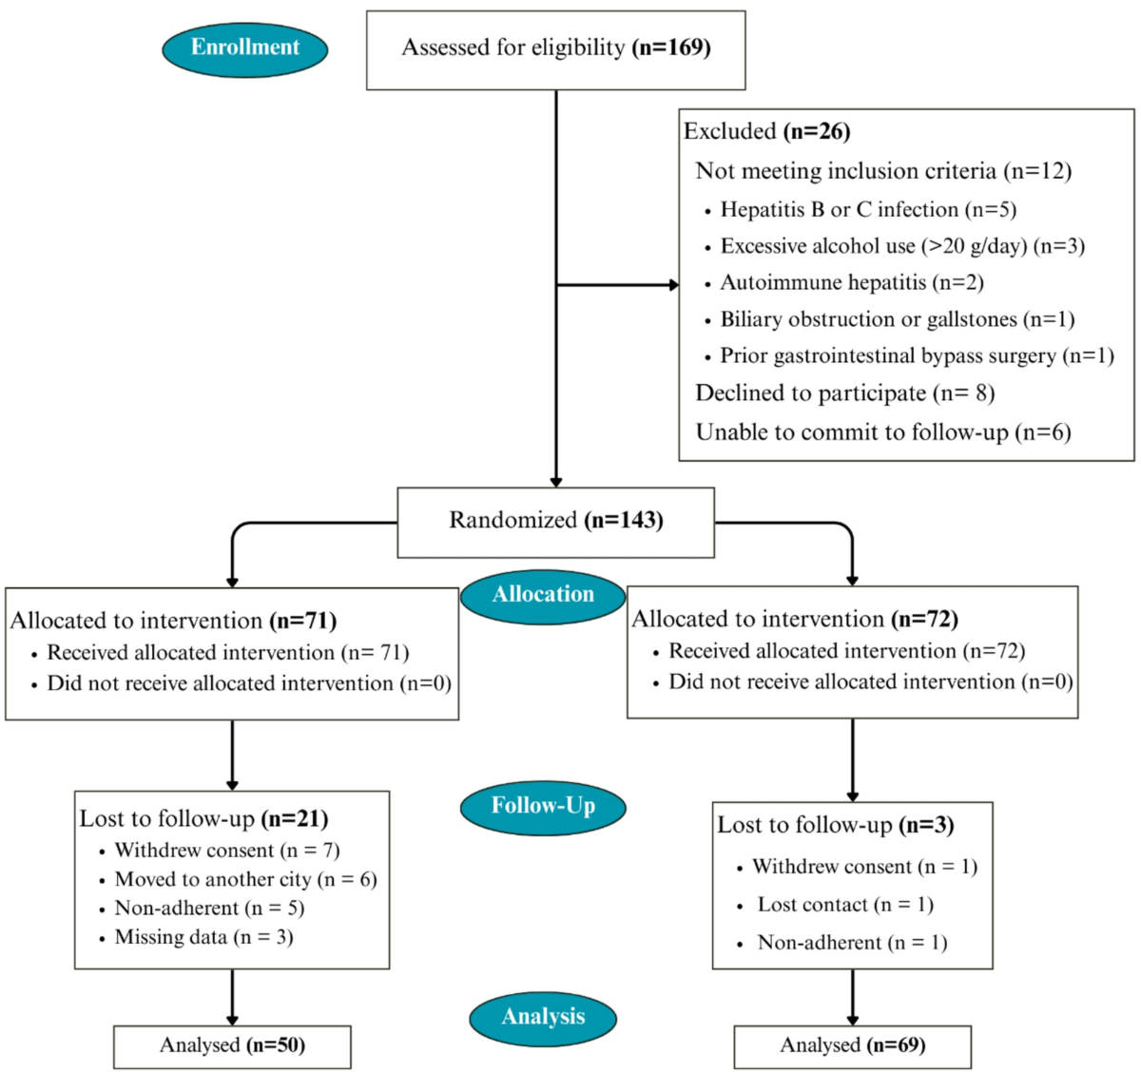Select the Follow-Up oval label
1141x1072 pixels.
[543, 808]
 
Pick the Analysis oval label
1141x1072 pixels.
[543, 1019]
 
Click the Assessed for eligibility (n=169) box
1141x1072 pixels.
[556, 50]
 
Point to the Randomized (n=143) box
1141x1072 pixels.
[556, 523]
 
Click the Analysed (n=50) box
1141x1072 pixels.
[232, 1047]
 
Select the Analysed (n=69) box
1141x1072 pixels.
[853, 1047]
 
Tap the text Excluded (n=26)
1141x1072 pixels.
[767, 131]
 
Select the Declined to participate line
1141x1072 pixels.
[845, 393]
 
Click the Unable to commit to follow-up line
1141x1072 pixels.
[883, 432]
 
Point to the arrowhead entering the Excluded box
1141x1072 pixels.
[674, 285]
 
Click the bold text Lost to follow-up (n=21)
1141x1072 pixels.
[204, 819]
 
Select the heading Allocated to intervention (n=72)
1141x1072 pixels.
[795, 620]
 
